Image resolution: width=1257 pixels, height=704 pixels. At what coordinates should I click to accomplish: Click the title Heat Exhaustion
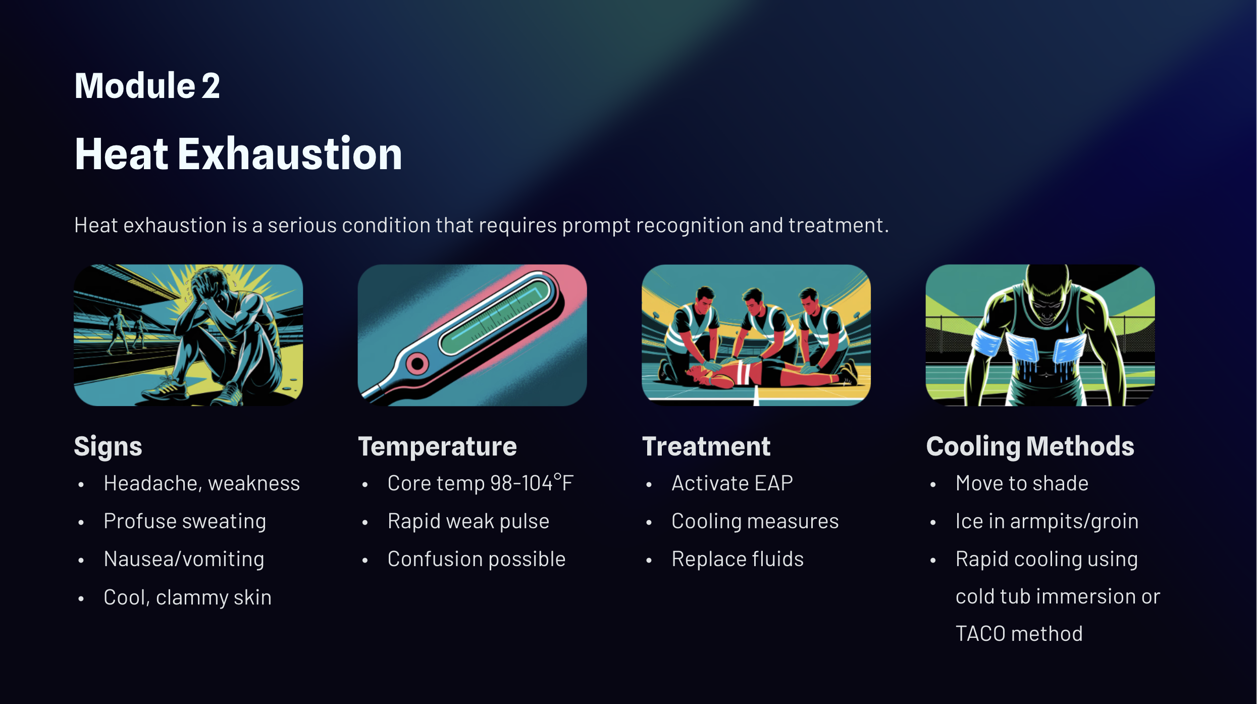click(238, 154)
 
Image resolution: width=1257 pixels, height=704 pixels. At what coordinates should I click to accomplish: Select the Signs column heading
click(108, 446)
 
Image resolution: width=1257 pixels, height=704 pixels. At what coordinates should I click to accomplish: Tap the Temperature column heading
click(437, 446)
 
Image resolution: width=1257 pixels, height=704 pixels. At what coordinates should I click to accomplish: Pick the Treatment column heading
click(706, 446)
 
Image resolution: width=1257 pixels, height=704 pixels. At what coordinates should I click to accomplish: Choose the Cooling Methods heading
click(1030, 446)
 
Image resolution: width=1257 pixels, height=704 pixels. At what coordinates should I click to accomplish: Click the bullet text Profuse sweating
click(185, 521)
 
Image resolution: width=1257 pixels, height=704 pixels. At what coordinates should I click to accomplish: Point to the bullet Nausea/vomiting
click(184, 559)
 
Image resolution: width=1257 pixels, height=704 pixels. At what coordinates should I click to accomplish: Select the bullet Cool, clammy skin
click(187, 597)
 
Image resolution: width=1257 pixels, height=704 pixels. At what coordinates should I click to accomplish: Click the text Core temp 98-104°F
click(480, 483)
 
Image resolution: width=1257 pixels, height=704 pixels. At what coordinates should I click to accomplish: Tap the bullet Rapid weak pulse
click(468, 521)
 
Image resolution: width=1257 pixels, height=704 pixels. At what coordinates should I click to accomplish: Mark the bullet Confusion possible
click(477, 559)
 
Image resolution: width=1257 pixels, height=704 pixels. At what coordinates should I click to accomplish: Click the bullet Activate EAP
click(732, 483)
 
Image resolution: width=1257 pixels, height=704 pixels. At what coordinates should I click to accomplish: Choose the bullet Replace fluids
click(738, 559)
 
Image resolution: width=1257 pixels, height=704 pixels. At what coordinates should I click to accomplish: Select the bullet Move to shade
click(1022, 483)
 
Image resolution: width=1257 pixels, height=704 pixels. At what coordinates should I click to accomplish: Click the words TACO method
click(1019, 634)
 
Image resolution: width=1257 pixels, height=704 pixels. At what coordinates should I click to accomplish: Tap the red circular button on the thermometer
click(417, 363)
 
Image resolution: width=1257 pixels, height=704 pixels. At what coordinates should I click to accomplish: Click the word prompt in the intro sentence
click(596, 226)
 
